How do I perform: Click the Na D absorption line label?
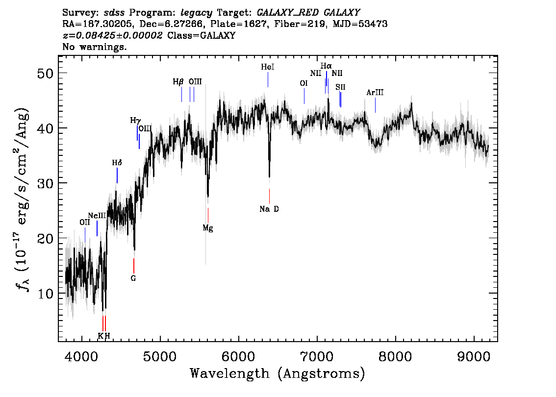coord(269,209)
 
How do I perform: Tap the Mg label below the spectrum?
coord(208,228)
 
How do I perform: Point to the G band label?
coord(133,278)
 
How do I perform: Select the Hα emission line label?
coord(326,66)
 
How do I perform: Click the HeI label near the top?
coord(268,67)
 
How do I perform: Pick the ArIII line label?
coord(375,93)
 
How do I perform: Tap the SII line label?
coord(340,87)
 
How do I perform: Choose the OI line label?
coord(304,83)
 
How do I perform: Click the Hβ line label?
coord(178,82)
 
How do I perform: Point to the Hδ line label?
coord(117,163)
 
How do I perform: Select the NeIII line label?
coord(97,216)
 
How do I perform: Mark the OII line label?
coord(85,222)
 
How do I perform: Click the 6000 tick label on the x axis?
coord(239,357)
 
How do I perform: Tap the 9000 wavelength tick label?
coord(474,357)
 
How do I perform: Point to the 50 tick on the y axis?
coord(45,74)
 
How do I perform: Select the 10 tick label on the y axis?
coord(45,294)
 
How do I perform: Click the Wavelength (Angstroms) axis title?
coord(278,373)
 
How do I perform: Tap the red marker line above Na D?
coord(269,197)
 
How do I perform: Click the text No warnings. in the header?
coord(94,47)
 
